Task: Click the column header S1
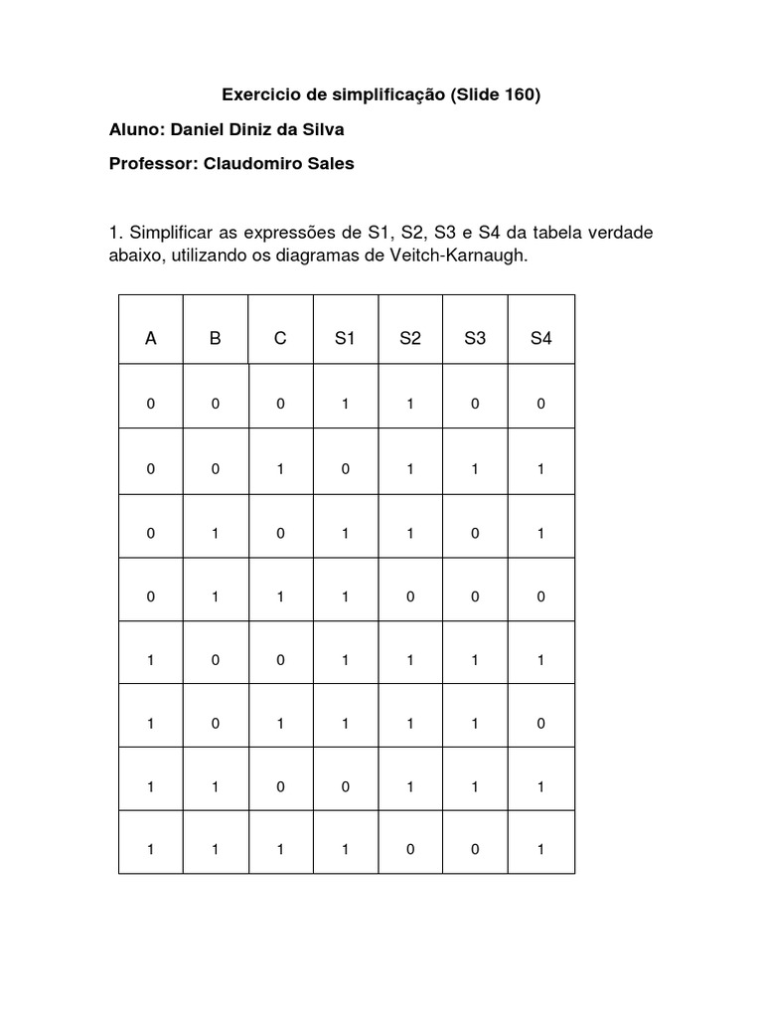click(x=345, y=338)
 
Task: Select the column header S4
click(x=540, y=338)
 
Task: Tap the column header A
click(x=151, y=338)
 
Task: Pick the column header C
click(x=280, y=338)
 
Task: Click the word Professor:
click(x=153, y=163)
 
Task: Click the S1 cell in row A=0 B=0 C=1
click(x=345, y=468)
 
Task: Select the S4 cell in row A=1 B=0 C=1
click(x=540, y=724)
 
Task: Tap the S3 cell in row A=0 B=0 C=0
click(x=475, y=405)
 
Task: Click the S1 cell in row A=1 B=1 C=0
click(x=345, y=786)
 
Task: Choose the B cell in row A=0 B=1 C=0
click(x=216, y=533)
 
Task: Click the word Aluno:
click(x=137, y=129)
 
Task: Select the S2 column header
click(x=409, y=338)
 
